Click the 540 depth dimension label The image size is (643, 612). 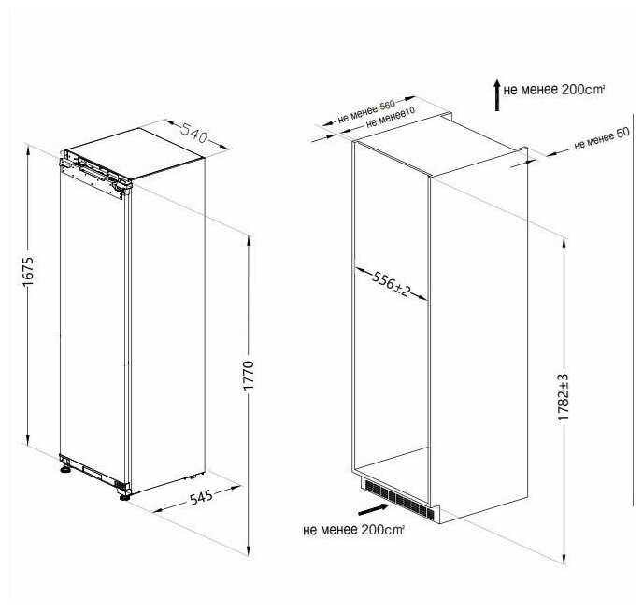[x=194, y=133]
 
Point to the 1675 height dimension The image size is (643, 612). [x=28, y=271]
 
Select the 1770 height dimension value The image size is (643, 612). [x=249, y=375]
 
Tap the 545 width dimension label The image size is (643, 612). [x=201, y=497]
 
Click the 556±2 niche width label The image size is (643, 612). [x=391, y=284]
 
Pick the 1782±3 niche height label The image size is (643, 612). [x=564, y=397]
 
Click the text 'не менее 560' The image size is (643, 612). [x=366, y=111]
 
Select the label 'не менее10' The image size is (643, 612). [x=391, y=118]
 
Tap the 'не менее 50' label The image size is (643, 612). [x=602, y=139]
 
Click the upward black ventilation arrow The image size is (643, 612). [x=497, y=95]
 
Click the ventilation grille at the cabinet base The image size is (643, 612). [x=397, y=499]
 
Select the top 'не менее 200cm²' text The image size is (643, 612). [x=554, y=90]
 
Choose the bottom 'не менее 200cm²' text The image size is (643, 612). [x=353, y=530]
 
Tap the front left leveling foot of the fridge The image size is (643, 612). [x=65, y=468]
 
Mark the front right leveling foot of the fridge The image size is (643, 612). [x=124, y=495]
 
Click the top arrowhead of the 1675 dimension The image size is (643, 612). [x=28, y=151]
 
